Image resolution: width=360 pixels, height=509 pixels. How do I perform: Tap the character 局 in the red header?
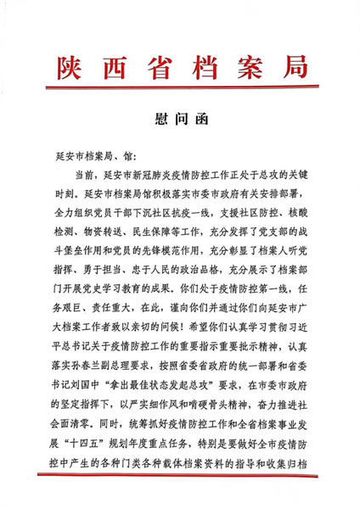pyautogui.click(x=288, y=66)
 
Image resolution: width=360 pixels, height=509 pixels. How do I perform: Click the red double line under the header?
pyautogui.click(x=179, y=91)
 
